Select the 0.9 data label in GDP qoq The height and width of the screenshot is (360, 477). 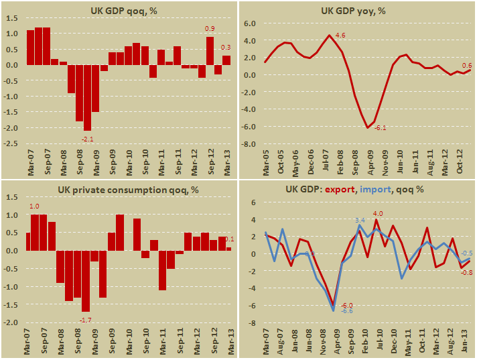click(x=210, y=28)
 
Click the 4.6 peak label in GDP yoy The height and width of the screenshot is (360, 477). click(x=340, y=35)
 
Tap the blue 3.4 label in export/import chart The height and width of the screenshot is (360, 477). click(x=359, y=221)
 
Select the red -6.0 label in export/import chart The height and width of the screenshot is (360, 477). click(x=348, y=306)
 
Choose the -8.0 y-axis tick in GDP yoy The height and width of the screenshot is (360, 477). click(x=249, y=143)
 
